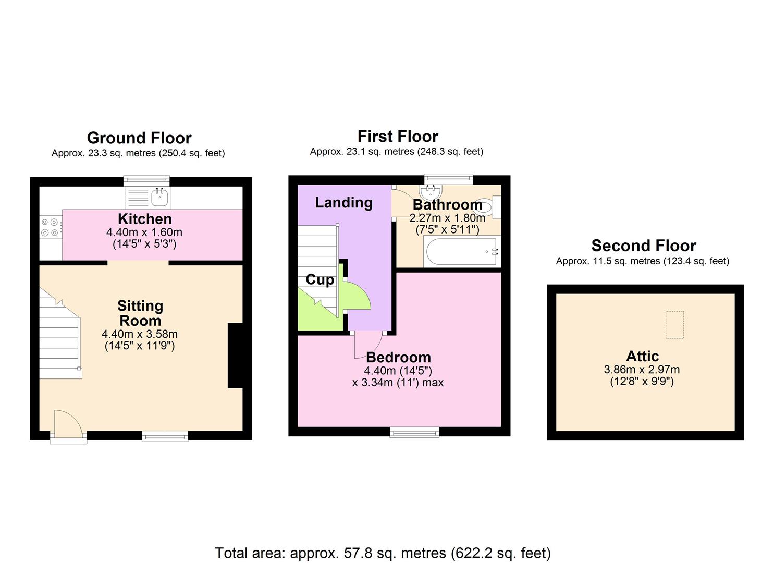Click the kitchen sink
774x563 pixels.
point(159,197)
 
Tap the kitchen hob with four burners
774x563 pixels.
point(50,227)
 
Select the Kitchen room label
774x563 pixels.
point(144,219)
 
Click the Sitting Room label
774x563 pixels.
point(140,313)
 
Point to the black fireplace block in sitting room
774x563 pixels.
point(235,356)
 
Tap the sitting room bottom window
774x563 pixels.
point(165,436)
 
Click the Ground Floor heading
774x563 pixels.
point(139,138)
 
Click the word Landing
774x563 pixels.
point(343,203)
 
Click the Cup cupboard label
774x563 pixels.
point(320,280)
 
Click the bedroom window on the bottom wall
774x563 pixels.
point(414,432)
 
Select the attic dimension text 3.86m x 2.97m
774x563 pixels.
point(642,370)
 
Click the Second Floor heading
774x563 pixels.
point(643,246)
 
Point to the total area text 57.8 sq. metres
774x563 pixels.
point(383,553)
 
